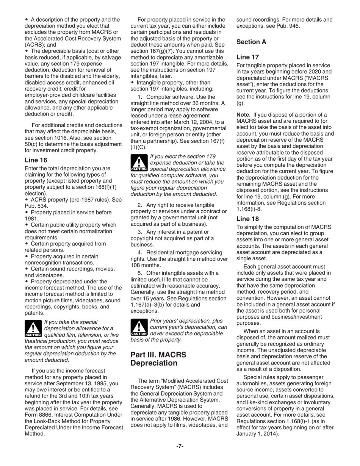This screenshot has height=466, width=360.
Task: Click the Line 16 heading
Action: click(36, 160)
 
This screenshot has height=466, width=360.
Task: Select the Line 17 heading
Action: click(248, 57)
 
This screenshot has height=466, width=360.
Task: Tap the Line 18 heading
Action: click(248, 219)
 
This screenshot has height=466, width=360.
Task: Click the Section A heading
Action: click(251, 42)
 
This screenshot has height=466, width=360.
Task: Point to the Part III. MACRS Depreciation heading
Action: click(158, 359)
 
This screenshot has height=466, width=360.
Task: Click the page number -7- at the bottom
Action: click(180, 446)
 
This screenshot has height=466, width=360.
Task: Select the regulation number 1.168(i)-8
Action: click(249, 209)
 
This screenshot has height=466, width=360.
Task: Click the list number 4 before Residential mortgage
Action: click(139, 253)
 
